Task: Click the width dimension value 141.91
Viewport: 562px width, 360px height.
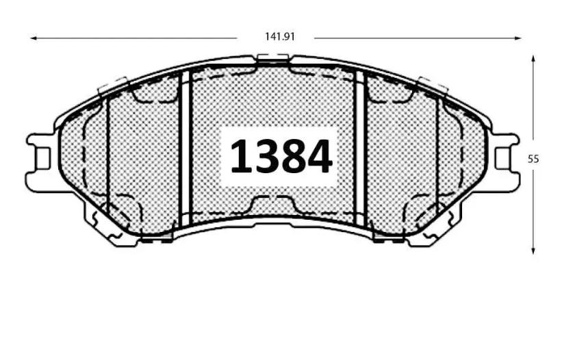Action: click(x=280, y=37)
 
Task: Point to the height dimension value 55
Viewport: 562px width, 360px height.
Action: click(x=534, y=158)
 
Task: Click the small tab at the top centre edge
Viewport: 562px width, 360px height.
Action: click(x=272, y=61)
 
